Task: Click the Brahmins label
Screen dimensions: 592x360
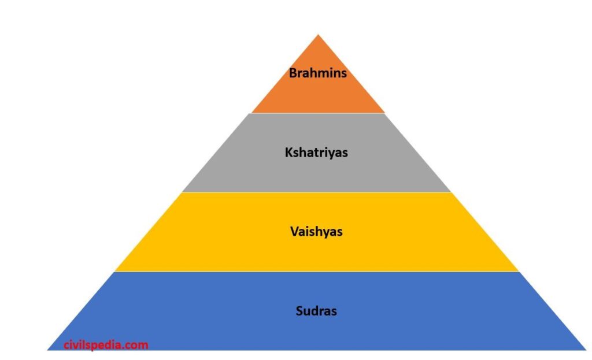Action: coord(318,73)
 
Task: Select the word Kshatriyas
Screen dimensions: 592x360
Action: coord(316,153)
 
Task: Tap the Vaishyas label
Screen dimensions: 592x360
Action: coord(316,232)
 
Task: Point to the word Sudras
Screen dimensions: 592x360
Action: coord(316,311)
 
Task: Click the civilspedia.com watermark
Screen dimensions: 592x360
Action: coord(106,345)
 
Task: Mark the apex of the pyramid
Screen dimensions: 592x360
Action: coord(318,36)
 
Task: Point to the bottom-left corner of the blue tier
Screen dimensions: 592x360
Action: coord(49,349)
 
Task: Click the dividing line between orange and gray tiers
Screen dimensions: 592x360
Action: coord(318,113)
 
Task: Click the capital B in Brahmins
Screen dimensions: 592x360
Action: coord(293,73)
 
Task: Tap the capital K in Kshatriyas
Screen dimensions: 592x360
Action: coord(288,153)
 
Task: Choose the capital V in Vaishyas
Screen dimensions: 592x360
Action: coord(294,232)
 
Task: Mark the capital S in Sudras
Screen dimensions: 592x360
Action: coord(299,311)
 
